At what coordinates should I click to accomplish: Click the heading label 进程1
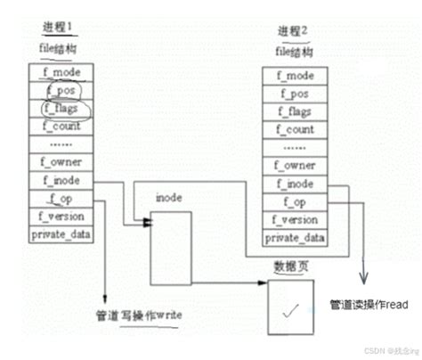(x=57, y=28)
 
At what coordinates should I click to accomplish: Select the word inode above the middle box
(x=169, y=196)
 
